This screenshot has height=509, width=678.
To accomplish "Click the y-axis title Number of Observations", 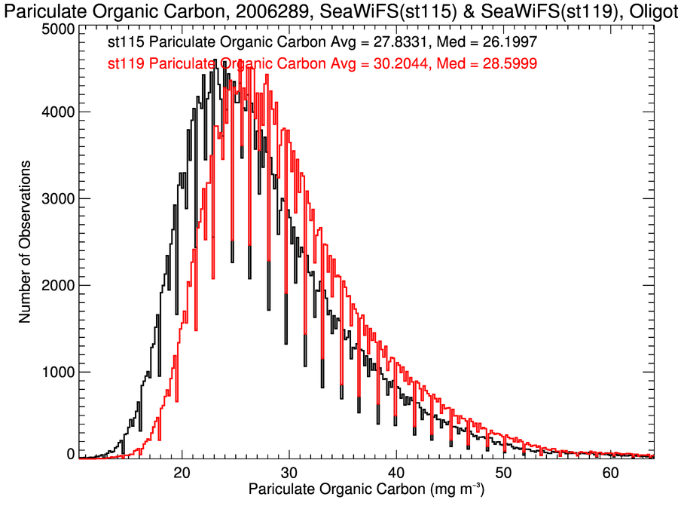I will click(25, 241).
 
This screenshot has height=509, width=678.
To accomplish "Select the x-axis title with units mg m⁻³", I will click(366, 490).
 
